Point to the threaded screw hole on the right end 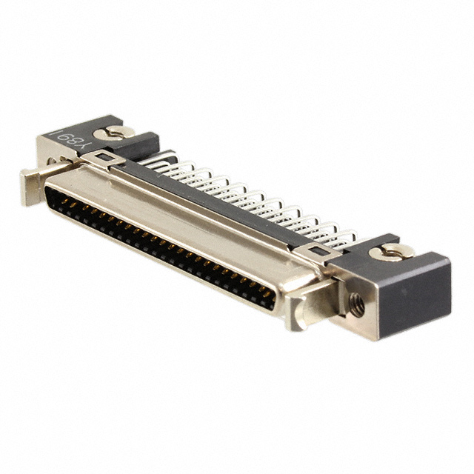[x=356, y=302]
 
